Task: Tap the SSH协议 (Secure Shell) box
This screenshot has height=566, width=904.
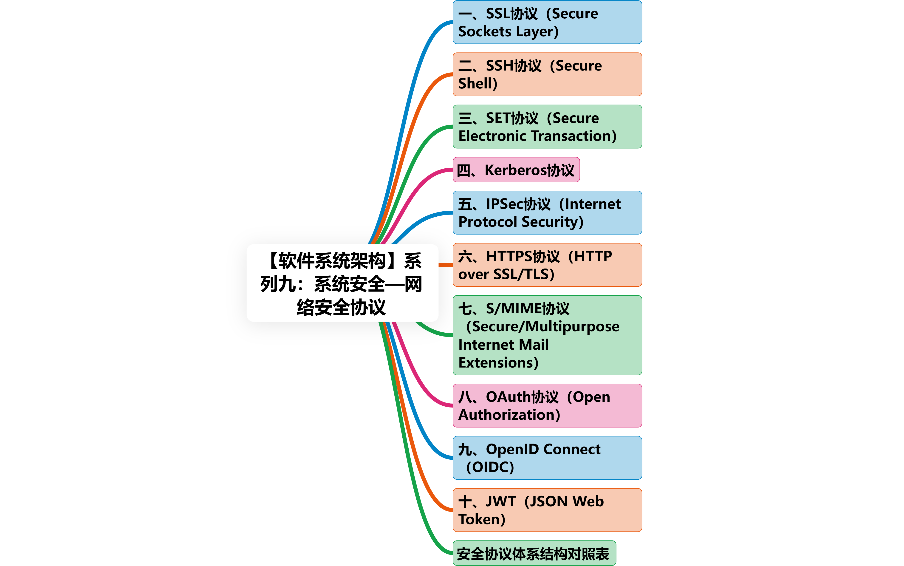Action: tap(547, 74)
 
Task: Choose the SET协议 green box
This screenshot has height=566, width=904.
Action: tap(547, 127)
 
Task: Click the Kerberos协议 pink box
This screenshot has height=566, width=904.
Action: tap(516, 170)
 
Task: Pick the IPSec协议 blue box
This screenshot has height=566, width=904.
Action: tap(547, 213)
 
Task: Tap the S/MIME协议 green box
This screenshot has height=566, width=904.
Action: tap(547, 335)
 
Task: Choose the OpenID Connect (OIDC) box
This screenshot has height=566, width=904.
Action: tap(547, 458)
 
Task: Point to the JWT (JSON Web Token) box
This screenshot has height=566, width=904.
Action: tap(547, 510)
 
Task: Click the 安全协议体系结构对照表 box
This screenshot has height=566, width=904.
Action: tap(534, 553)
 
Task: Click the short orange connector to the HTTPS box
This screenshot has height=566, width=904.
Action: tap(445, 265)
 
